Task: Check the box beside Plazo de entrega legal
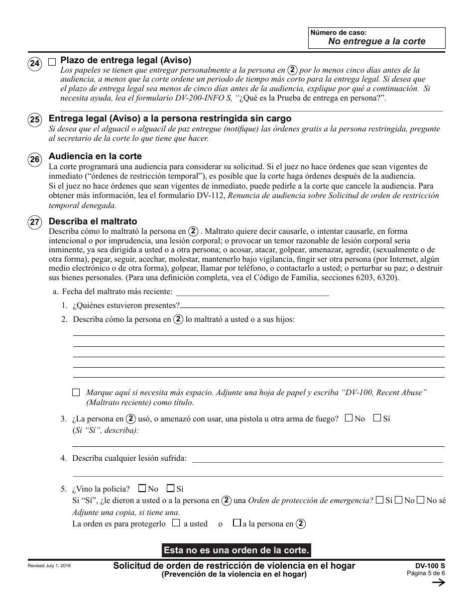click(52, 62)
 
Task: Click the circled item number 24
click(34, 63)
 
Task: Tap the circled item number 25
click(34, 120)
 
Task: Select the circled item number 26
click(34, 159)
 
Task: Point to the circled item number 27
click(34, 223)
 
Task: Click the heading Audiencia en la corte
click(95, 156)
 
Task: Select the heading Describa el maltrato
click(93, 221)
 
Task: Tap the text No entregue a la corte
click(376, 41)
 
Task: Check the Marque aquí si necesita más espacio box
click(76, 393)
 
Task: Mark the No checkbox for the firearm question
click(349, 418)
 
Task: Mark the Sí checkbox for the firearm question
click(377, 418)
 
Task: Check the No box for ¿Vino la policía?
click(142, 489)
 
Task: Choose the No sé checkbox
click(420, 500)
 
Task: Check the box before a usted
click(175, 523)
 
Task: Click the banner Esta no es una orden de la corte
click(236, 550)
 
